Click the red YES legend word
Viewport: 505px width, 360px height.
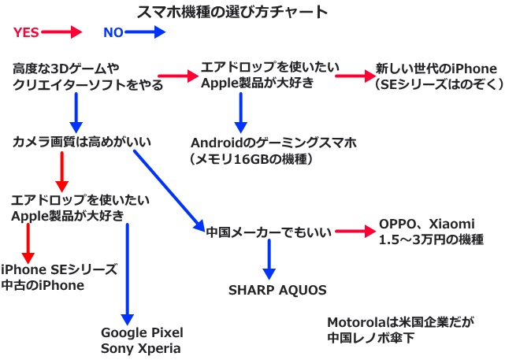[25, 32]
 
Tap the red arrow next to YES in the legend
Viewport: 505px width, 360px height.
[62, 32]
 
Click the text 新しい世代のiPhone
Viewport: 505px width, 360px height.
[436, 69]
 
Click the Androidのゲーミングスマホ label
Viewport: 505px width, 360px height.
[273, 144]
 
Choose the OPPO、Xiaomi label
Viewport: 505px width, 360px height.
[428, 224]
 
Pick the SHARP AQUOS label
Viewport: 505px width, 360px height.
[277, 290]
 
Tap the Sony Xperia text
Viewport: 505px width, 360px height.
[140, 347]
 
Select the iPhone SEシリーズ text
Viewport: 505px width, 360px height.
[59, 269]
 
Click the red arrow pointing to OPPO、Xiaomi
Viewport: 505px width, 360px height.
[354, 232]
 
